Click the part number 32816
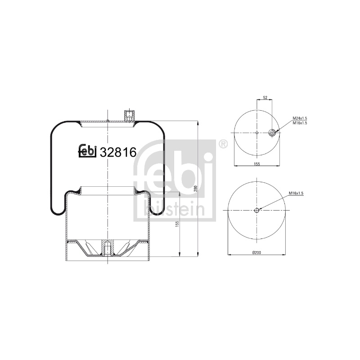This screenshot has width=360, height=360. pyautogui.click(x=118, y=152)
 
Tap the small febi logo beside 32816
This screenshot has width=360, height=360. pyautogui.click(x=87, y=151)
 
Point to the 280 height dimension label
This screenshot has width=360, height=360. pyautogui.click(x=196, y=189)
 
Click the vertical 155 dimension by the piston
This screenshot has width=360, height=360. pyautogui.click(x=177, y=224)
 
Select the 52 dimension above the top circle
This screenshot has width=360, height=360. pyautogui.click(x=265, y=98)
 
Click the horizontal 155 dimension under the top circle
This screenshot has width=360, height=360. pyautogui.click(x=257, y=164)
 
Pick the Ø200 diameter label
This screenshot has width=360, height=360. pyautogui.click(x=256, y=252)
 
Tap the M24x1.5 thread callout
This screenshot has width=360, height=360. pyautogui.click(x=300, y=118)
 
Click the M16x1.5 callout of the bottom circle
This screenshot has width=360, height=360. pyautogui.click(x=296, y=193)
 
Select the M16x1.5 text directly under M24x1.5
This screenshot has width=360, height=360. pyautogui.click(x=300, y=123)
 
